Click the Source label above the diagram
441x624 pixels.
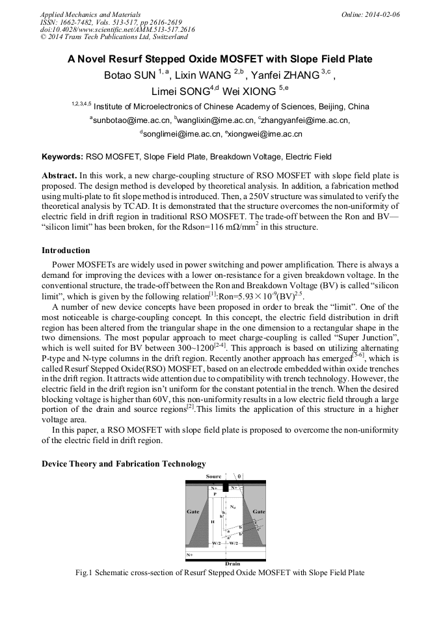pos(213,476)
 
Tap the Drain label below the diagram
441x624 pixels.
pos(232,563)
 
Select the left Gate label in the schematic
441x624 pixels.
pos(193,511)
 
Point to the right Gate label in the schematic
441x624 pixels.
pos(259,511)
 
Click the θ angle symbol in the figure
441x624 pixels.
pos(239,476)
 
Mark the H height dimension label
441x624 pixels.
pos(212,522)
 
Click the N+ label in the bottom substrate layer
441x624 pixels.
pos(190,554)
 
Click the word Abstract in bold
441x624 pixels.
pos(59,176)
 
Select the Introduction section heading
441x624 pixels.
pos(66,251)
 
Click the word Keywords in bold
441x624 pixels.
pos(62,157)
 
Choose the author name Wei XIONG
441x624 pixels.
pos(250,91)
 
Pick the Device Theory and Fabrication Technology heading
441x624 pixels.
pos(124,464)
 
